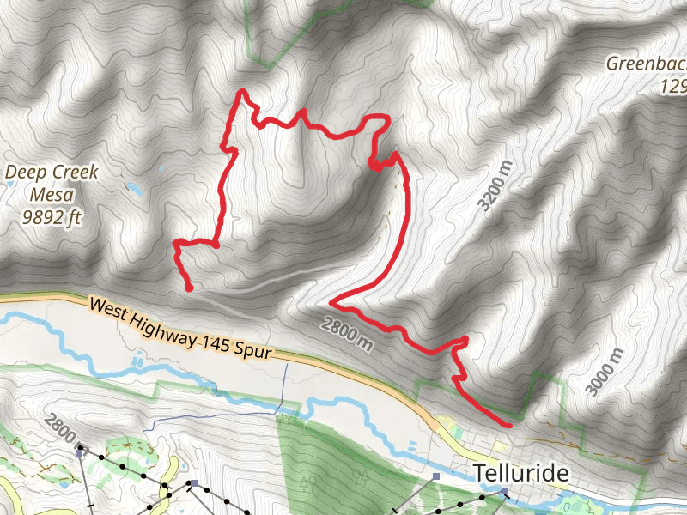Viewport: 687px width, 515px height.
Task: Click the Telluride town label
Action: [x=522, y=473]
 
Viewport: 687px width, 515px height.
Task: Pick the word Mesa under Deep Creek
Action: [x=52, y=195]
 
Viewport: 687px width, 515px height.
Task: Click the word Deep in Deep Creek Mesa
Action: [x=23, y=173]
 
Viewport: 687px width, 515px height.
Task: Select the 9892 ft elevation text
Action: [x=52, y=217]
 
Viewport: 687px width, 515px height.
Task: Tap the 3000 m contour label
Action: [x=605, y=373]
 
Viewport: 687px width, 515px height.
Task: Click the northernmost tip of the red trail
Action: [x=244, y=91]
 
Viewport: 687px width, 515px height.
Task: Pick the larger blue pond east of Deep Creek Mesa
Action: [x=133, y=186]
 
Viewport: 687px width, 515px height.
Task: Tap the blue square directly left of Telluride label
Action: [x=437, y=475]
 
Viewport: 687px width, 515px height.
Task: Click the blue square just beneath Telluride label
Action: [x=505, y=492]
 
